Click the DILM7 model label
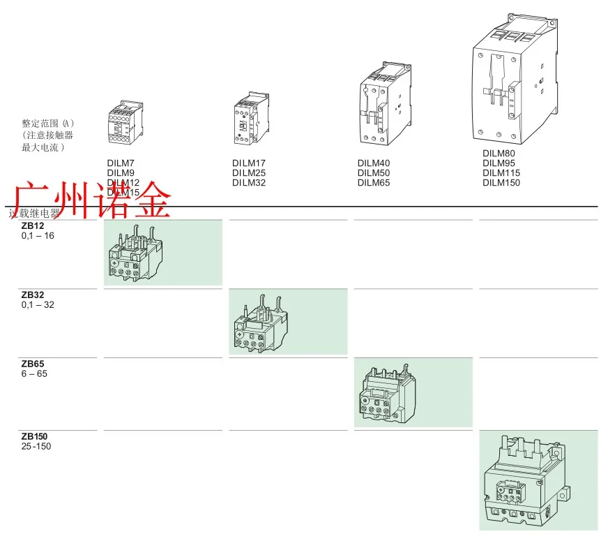coord(121,163)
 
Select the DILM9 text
coord(121,173)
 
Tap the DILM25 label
coord(248,173)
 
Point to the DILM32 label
coord(248,183)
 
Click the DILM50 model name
coord(374,173)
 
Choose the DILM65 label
coord(374,183)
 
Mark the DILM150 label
coord(501,183)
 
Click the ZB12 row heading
coord(33,226)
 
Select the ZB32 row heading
coord(33,295)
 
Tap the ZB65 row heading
coord(33,364)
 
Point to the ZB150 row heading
coord(35,436)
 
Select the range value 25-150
coord(36,447)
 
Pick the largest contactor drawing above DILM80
coord(515,77)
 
